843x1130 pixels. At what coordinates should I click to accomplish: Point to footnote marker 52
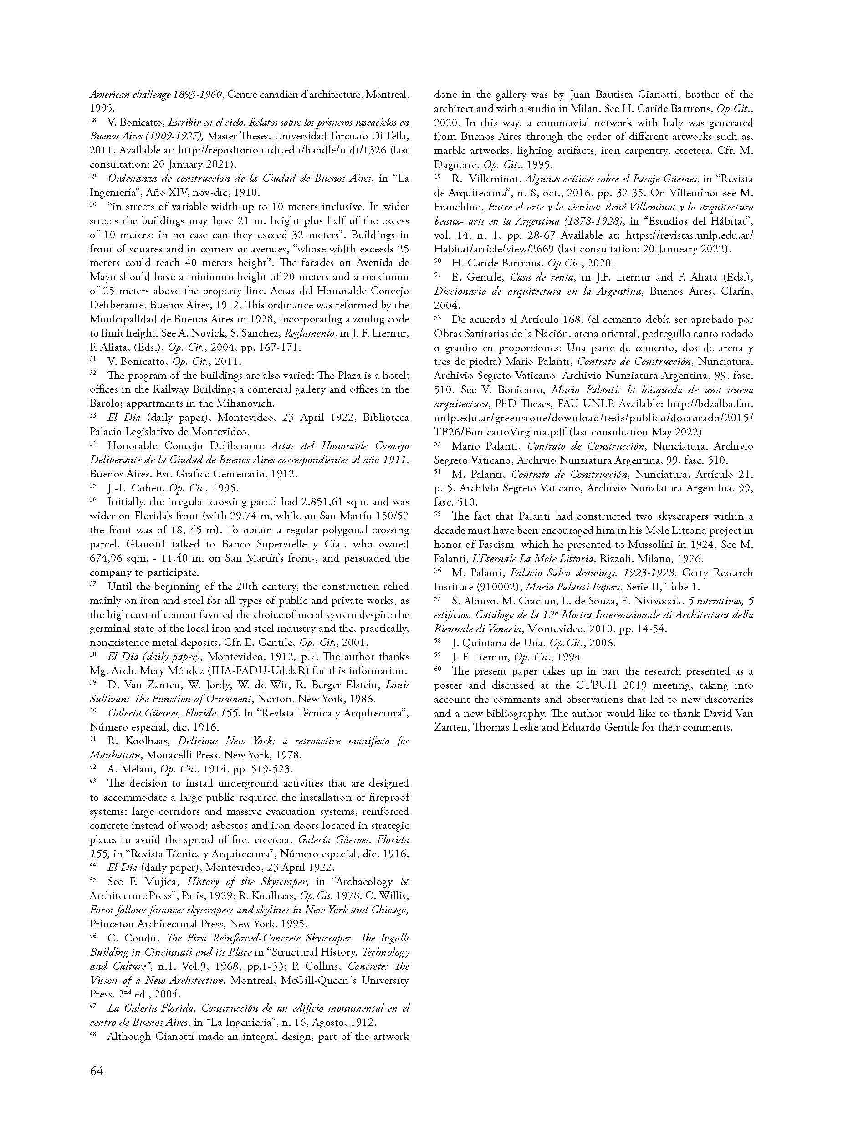[x=437, y=317]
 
